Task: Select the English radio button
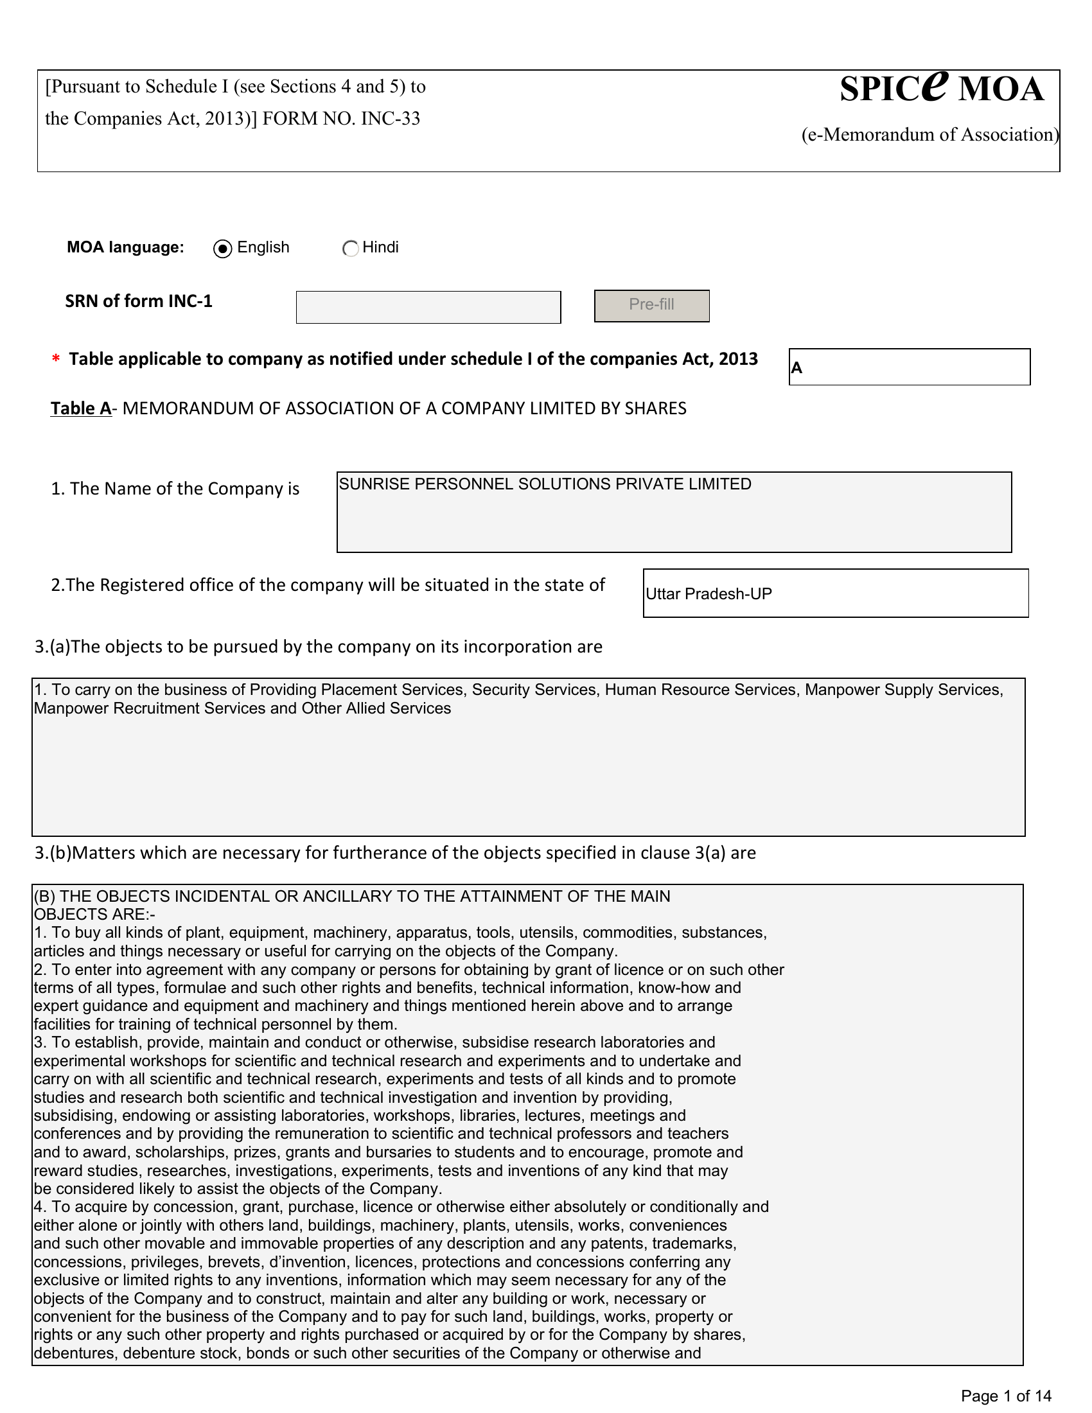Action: (222, 249)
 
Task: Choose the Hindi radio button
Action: (350, 249)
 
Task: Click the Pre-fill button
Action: (651, 305)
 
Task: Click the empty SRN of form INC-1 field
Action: (428, 307)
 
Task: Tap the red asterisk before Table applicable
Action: (57, 360)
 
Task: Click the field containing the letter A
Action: (909, 367)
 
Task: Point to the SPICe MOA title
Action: (941, 88)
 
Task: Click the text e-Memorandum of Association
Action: (929, 135)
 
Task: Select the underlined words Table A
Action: (81, 408)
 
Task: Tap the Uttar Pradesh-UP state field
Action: (835, 593)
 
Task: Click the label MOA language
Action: (125, 247)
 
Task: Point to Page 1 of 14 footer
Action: (1006, 1396)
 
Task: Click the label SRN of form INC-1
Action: (139, 301)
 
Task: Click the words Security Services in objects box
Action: (534, 690)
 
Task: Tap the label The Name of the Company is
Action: (175, 489)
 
